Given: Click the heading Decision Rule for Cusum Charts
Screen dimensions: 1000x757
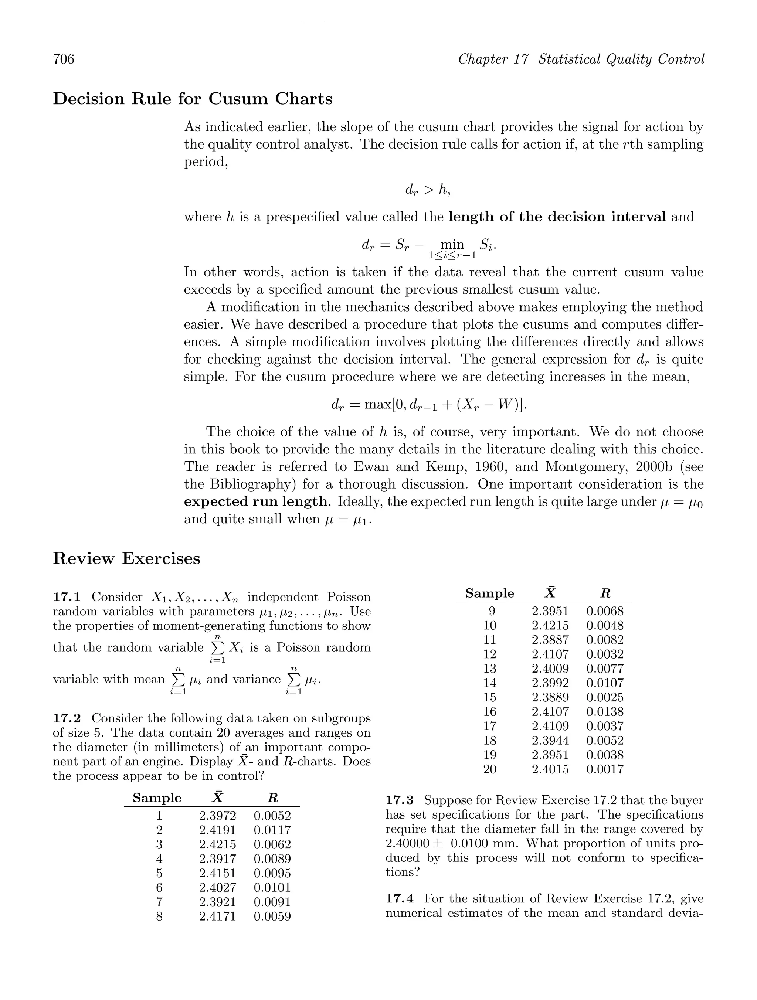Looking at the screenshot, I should [193, 99].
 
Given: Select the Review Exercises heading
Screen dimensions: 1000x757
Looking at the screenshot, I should [127, 559].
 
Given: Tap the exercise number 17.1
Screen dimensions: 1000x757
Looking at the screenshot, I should [67, 597].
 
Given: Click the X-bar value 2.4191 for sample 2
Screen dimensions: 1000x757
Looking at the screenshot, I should [217, 830].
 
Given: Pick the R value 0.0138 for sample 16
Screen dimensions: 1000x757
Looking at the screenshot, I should [605, 712].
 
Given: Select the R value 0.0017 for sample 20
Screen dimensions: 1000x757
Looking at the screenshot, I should [605, 769].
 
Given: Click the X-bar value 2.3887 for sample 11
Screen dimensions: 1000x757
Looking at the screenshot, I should [550, 640].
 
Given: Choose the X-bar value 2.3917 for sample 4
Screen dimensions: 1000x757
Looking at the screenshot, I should [217, 859].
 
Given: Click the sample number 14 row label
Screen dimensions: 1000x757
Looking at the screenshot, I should [490, 683].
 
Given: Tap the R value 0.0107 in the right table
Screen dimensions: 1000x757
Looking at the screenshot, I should [605, 683].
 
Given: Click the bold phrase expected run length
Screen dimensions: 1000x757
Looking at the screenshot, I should [255, 502].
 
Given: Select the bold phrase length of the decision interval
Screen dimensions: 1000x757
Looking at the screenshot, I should [557, 217].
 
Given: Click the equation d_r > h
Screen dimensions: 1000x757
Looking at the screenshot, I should [427, 190].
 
